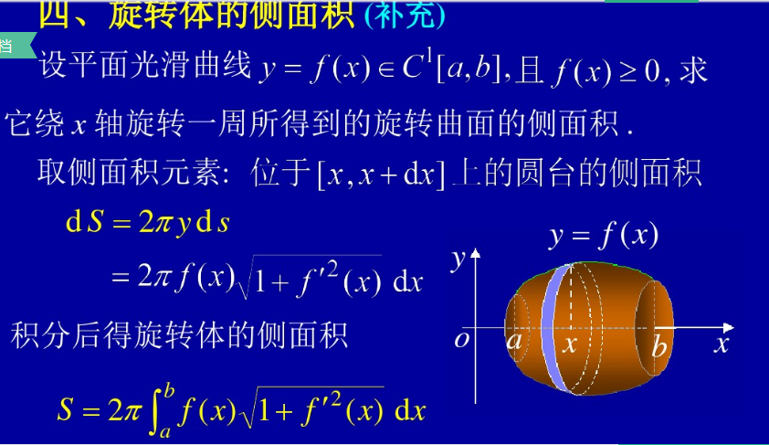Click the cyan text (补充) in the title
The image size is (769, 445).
click(x=406, y=15)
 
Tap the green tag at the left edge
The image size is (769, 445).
click(x=17, y=46)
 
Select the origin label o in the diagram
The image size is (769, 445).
click(x=461, y=339)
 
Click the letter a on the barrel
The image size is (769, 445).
click(x=514, y=341)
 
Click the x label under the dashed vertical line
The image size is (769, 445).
click(x=569, y=344)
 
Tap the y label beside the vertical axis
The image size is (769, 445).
click(x=458, y=260)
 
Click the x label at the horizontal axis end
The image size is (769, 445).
click(x=721, y=344)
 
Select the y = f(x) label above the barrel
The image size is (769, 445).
click(x=604, y=237)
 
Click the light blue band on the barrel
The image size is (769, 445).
click(x=553, y=328)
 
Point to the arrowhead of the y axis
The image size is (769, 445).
click(x=475, y=253)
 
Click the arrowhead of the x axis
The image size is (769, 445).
click(x=729, y=327)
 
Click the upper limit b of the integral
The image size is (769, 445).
click(x=169, y=390)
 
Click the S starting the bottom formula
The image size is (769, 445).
click(x=66, y=409)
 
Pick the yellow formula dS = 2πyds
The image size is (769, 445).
click(x=148, y=222)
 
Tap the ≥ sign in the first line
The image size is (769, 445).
click(x=627, y=71)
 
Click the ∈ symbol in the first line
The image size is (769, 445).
click(x=386, y=70)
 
